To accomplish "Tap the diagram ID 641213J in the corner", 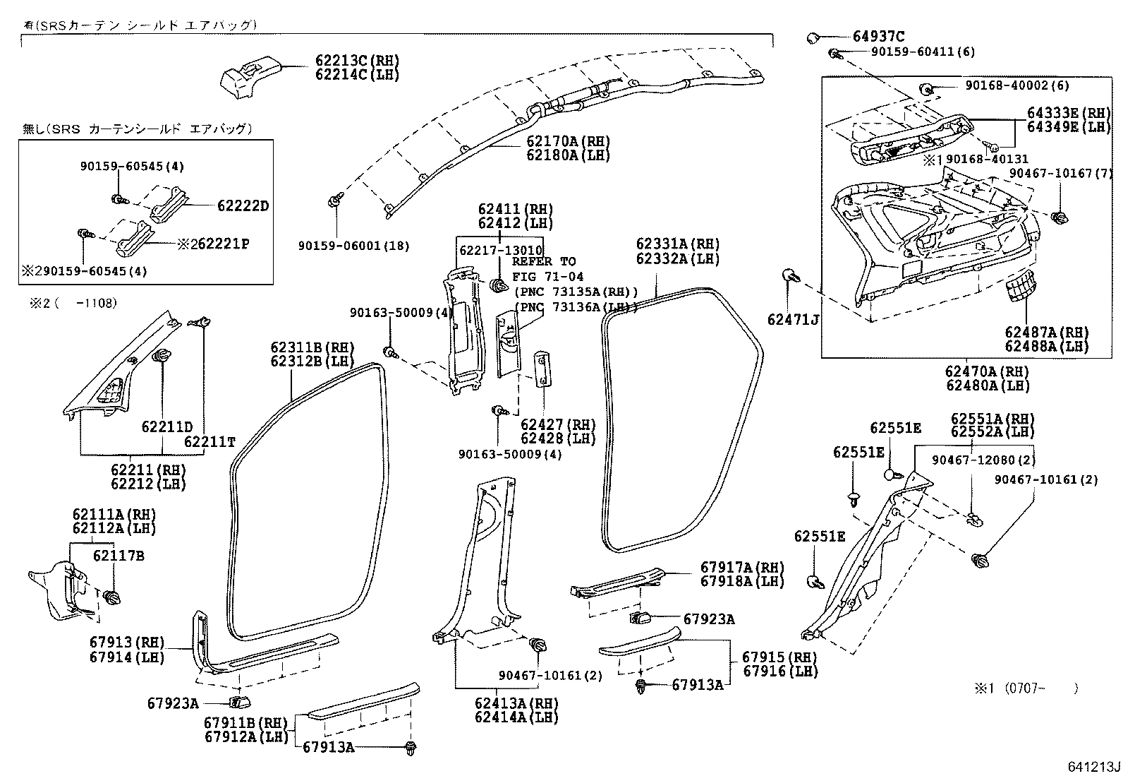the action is [x=1093, y=766].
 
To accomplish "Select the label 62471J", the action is [x=793, y=321].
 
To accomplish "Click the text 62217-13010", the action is [x=501, y=250].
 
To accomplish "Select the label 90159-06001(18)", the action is [x=353, y=246].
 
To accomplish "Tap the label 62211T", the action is [x=210, y=443].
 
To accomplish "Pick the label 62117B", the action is [x=119, y=556].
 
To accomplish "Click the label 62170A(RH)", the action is [x=568, y=141].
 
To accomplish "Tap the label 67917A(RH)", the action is [x=742, y=567].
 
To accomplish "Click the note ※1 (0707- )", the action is [x=1026, y=688].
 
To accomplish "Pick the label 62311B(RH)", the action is [x=312, y=347].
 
